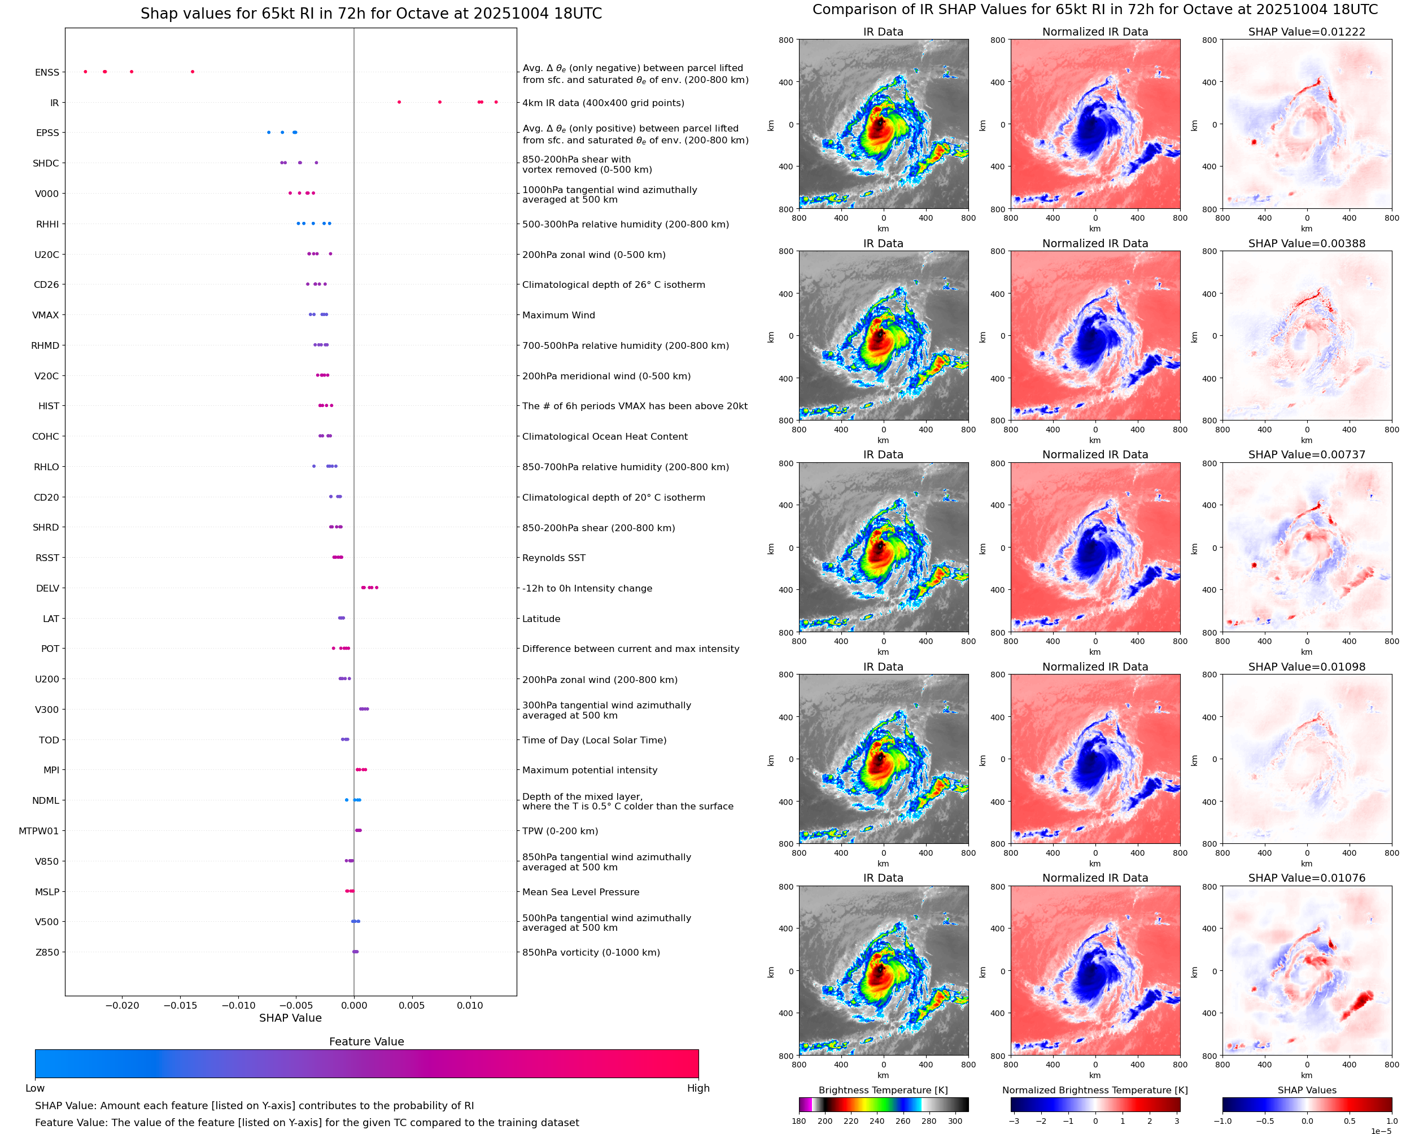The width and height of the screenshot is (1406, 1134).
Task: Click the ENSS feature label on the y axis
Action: coord(46,72)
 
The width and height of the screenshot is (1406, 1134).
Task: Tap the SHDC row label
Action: coord(46,163)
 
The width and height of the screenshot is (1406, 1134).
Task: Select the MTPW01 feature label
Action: coord(38,831)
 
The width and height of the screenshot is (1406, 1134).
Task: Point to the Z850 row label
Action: coord(47,952)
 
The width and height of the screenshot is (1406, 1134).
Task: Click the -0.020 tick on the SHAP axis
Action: coord(122,1005)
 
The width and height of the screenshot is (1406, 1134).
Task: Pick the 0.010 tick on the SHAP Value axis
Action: coord(470,1005)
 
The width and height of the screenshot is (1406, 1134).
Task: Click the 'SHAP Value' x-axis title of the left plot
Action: coord(290,1018)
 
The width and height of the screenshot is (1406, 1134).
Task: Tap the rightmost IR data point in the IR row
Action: coord(496,102)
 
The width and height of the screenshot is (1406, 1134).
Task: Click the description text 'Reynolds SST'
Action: coord(553,558)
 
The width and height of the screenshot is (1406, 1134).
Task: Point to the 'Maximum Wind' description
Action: coord(558,315)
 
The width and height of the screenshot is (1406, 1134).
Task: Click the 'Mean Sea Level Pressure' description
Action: coord(580,892)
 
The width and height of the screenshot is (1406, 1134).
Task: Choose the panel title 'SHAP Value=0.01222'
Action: coord(1307,32)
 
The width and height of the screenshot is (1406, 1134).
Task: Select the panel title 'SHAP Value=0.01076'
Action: coord(1307,878)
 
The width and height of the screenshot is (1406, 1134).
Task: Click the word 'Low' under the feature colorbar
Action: coord(34,1088)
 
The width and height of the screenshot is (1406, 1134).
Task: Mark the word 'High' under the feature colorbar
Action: coord(698,1088)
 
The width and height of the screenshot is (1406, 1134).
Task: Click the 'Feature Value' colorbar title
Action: coord(366,1041)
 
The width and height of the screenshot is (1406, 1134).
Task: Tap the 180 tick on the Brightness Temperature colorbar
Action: coord(798,1121)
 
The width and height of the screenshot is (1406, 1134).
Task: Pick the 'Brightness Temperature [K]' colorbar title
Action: coord(883,1090)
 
